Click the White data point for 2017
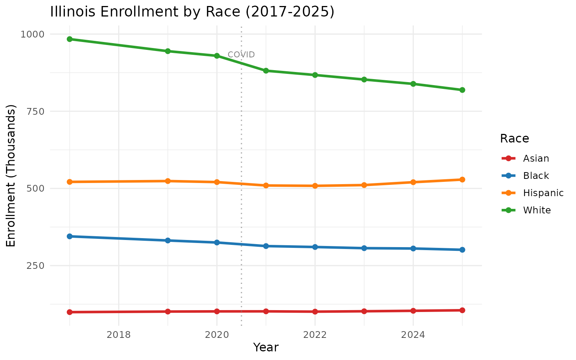(69, 39)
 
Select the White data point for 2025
(462, 90)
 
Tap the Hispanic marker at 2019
(168, 181)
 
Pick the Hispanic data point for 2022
(315, 186)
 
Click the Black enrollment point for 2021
(266, 246)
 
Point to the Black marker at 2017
(69, 236)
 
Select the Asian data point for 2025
(462, 310)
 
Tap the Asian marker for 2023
(364, 311)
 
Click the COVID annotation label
(241, 55)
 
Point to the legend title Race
(514, 139)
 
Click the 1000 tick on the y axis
(32, 34)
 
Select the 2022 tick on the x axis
(315, 334)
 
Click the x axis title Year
(265, 348)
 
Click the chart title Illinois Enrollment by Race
(192, 12)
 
